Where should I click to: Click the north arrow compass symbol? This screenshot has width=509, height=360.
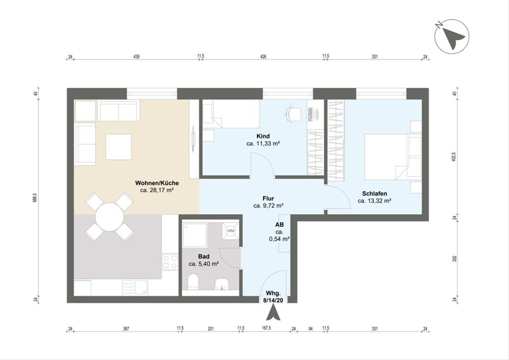coord(452,37)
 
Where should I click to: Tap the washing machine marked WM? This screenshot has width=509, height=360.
coord(231,231)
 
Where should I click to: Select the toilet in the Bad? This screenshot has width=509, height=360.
coord(193,282)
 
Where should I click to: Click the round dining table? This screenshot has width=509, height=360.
coord(109,217)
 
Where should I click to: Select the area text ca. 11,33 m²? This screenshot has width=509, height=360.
coord(263,143)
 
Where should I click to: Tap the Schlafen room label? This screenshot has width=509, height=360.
coord(375,194)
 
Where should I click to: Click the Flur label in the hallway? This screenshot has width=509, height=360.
coord(268,198)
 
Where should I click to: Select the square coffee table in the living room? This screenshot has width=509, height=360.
coord(118,146)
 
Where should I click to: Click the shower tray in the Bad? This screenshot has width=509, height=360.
coord(195,235)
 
